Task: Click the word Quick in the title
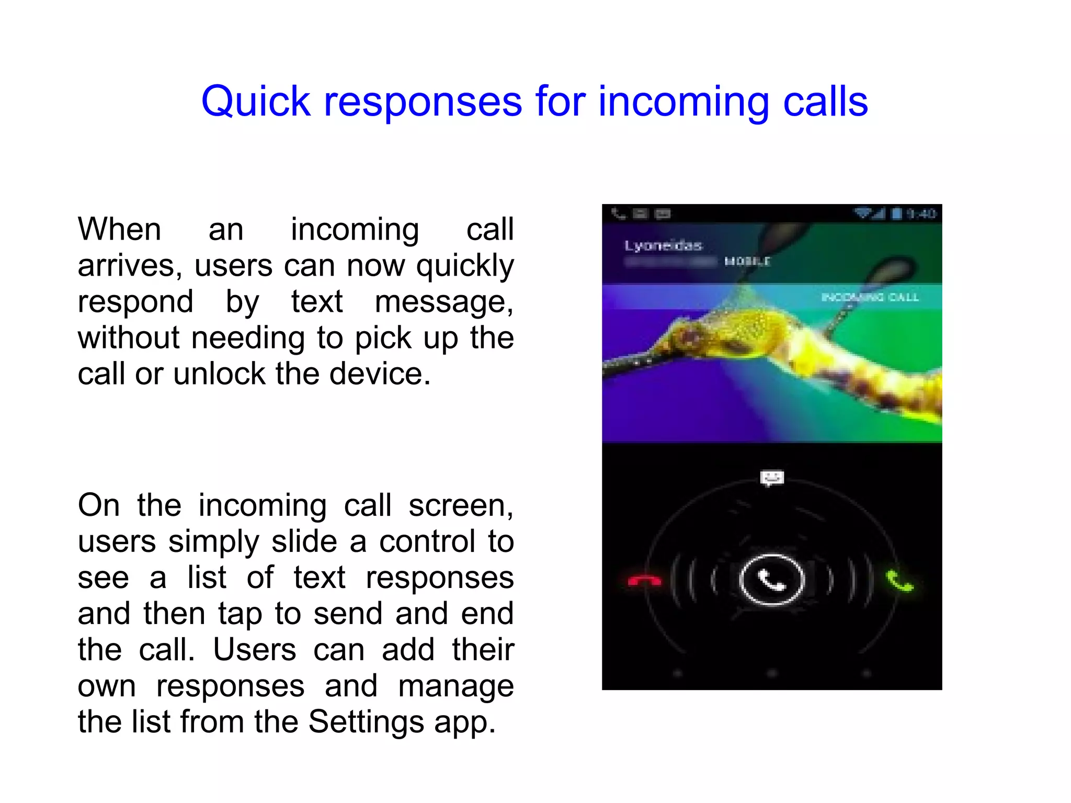(x=256, y=101)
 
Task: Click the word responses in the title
(x=423, y=101)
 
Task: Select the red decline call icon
(x=644, y=581)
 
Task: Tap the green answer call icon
(x=899, y=581)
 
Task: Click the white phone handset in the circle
(x=771, y=580)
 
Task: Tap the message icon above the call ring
(x=772, y=478)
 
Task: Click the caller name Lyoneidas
(x=663, y=245)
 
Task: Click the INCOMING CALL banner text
(x=870, y=297)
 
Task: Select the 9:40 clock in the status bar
(x=921, y=213)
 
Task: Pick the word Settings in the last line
(x=366, y=722)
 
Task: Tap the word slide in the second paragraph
(x=304, y=541)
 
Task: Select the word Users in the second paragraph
(x=254, y=650)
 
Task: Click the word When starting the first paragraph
(x=119, y=229)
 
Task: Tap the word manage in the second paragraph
(x=455, y=686)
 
